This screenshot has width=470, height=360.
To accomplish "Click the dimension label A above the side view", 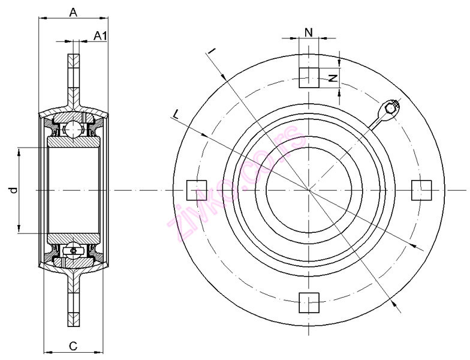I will (73, 11).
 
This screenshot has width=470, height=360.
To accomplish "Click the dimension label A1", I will (101, 36).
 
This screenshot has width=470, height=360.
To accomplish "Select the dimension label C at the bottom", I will (73, 346).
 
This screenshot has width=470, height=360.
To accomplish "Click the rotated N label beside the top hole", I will (334, 76).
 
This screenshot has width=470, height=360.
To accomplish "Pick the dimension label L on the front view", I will (175, 113).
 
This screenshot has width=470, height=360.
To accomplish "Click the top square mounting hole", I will (309, 77).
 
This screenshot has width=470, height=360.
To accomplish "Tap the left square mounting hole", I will (197, 190).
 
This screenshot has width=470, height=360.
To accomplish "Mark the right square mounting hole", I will (421, 190).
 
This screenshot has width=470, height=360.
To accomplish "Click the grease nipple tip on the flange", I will (391, 107).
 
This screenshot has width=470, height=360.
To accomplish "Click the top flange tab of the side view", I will (73, 72).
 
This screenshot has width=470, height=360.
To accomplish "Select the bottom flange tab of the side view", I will (73, 306).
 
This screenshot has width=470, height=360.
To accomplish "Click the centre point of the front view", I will (309, 190).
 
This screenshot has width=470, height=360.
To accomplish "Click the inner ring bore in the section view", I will (73, 190).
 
